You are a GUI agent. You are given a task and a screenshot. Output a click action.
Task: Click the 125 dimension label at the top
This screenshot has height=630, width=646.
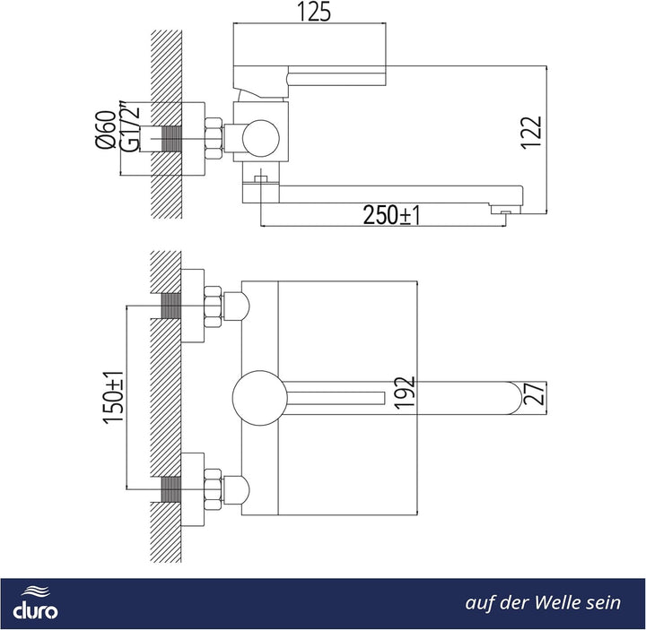pos(314,12)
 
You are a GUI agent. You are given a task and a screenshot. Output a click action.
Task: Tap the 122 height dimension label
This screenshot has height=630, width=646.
pos(531,132)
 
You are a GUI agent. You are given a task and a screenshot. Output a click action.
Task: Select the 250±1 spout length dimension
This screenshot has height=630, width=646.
pos(391,214)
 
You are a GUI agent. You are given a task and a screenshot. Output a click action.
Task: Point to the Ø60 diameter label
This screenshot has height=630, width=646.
pos(106,130)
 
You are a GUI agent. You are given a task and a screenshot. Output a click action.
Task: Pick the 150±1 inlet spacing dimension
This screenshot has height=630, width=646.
pos(113,397)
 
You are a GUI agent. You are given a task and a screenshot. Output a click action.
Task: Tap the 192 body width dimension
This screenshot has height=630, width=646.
pos(404,393)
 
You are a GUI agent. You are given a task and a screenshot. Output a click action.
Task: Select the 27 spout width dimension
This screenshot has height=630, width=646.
pos(535,393)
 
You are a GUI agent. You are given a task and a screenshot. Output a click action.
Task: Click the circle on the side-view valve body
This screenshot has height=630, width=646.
pos(261,138)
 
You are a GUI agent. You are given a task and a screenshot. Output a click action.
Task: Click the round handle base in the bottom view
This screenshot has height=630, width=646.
pos(259,398)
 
